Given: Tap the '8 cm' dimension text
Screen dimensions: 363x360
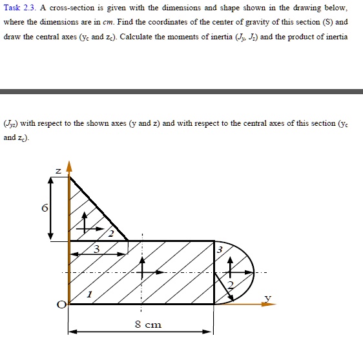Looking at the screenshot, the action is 148,325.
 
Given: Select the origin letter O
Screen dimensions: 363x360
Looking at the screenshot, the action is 61,305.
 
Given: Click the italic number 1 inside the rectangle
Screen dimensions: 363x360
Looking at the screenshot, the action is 90,294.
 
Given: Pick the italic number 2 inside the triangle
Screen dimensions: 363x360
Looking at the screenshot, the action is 110,234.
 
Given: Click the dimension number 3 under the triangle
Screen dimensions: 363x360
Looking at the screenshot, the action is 96,249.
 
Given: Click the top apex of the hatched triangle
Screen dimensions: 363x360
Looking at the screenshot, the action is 70,175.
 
